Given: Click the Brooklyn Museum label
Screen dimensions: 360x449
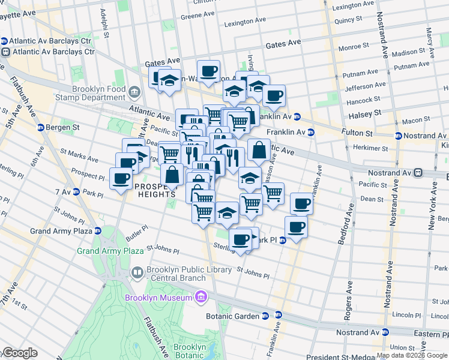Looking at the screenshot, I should click(158, 298).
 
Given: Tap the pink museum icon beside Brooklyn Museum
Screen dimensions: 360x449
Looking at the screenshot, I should click(201, 298).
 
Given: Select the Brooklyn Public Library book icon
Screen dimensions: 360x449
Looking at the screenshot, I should click(137, 274).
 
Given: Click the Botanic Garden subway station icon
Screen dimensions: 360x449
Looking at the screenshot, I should click(279, 315).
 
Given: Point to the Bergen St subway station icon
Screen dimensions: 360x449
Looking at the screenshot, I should click(41, 128).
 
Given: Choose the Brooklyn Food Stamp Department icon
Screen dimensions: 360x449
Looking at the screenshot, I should click(134, 93).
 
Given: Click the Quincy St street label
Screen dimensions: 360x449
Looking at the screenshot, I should click(348, 20).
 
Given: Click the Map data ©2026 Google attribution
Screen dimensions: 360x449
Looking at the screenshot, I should click(412, 355).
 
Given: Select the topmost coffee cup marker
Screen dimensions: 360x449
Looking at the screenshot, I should click(208, 71).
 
